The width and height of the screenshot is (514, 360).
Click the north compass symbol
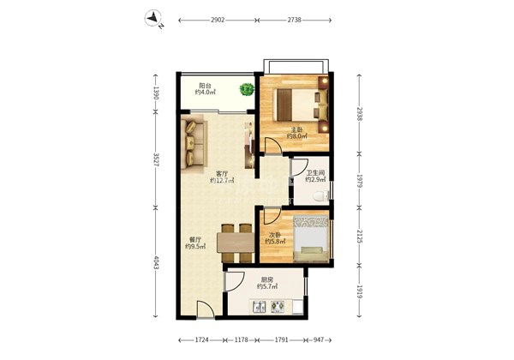[153, 18]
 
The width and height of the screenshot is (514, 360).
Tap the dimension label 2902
[218, 20]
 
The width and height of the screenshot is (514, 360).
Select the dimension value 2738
[295, 20]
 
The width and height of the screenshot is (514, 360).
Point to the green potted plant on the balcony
[247, 89]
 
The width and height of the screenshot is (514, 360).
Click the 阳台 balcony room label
[206, 86]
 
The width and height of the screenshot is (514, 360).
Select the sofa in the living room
[194, 144]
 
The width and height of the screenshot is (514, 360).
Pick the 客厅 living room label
[222, 173]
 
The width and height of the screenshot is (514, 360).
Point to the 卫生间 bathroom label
[315, 172]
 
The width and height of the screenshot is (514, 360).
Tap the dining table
[236, 243]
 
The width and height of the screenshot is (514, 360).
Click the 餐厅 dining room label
[195, 240]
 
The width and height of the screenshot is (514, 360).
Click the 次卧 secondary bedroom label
[275, 235]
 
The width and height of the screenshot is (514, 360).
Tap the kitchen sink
[260, 307]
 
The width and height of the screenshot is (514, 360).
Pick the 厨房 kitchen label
[267, 279]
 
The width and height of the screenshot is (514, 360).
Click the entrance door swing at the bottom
[206, 309]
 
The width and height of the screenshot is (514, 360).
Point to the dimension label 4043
[156, 262]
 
